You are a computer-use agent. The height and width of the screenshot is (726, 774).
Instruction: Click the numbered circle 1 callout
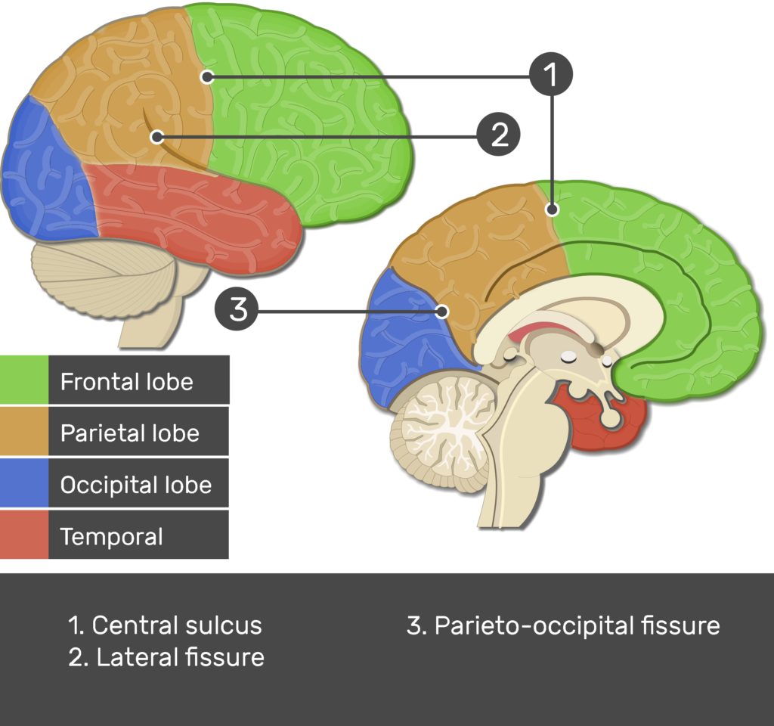tap(551, 75)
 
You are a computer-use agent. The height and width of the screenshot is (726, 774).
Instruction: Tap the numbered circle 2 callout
tap(498, 135)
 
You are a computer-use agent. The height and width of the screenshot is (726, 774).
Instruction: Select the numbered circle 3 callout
tap(237, 309)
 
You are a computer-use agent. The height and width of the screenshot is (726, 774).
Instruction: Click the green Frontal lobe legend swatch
tap(24, 380)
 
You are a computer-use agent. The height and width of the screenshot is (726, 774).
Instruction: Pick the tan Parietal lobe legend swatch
tap(24, 432)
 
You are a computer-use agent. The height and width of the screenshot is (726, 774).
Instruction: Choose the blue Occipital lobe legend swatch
tap(24, 483)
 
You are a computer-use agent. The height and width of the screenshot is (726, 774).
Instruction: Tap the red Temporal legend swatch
tap(24, 535)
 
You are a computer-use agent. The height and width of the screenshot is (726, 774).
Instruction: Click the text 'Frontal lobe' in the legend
tap(126, 381)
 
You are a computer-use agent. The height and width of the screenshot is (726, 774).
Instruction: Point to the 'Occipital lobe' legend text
tap(135, 485)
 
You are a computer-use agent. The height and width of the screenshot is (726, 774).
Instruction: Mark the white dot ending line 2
tap(156, 137)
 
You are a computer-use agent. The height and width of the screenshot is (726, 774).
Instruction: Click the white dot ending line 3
tap(443, 311)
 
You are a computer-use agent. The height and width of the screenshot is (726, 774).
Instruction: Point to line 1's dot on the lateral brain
tap(207, 76)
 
